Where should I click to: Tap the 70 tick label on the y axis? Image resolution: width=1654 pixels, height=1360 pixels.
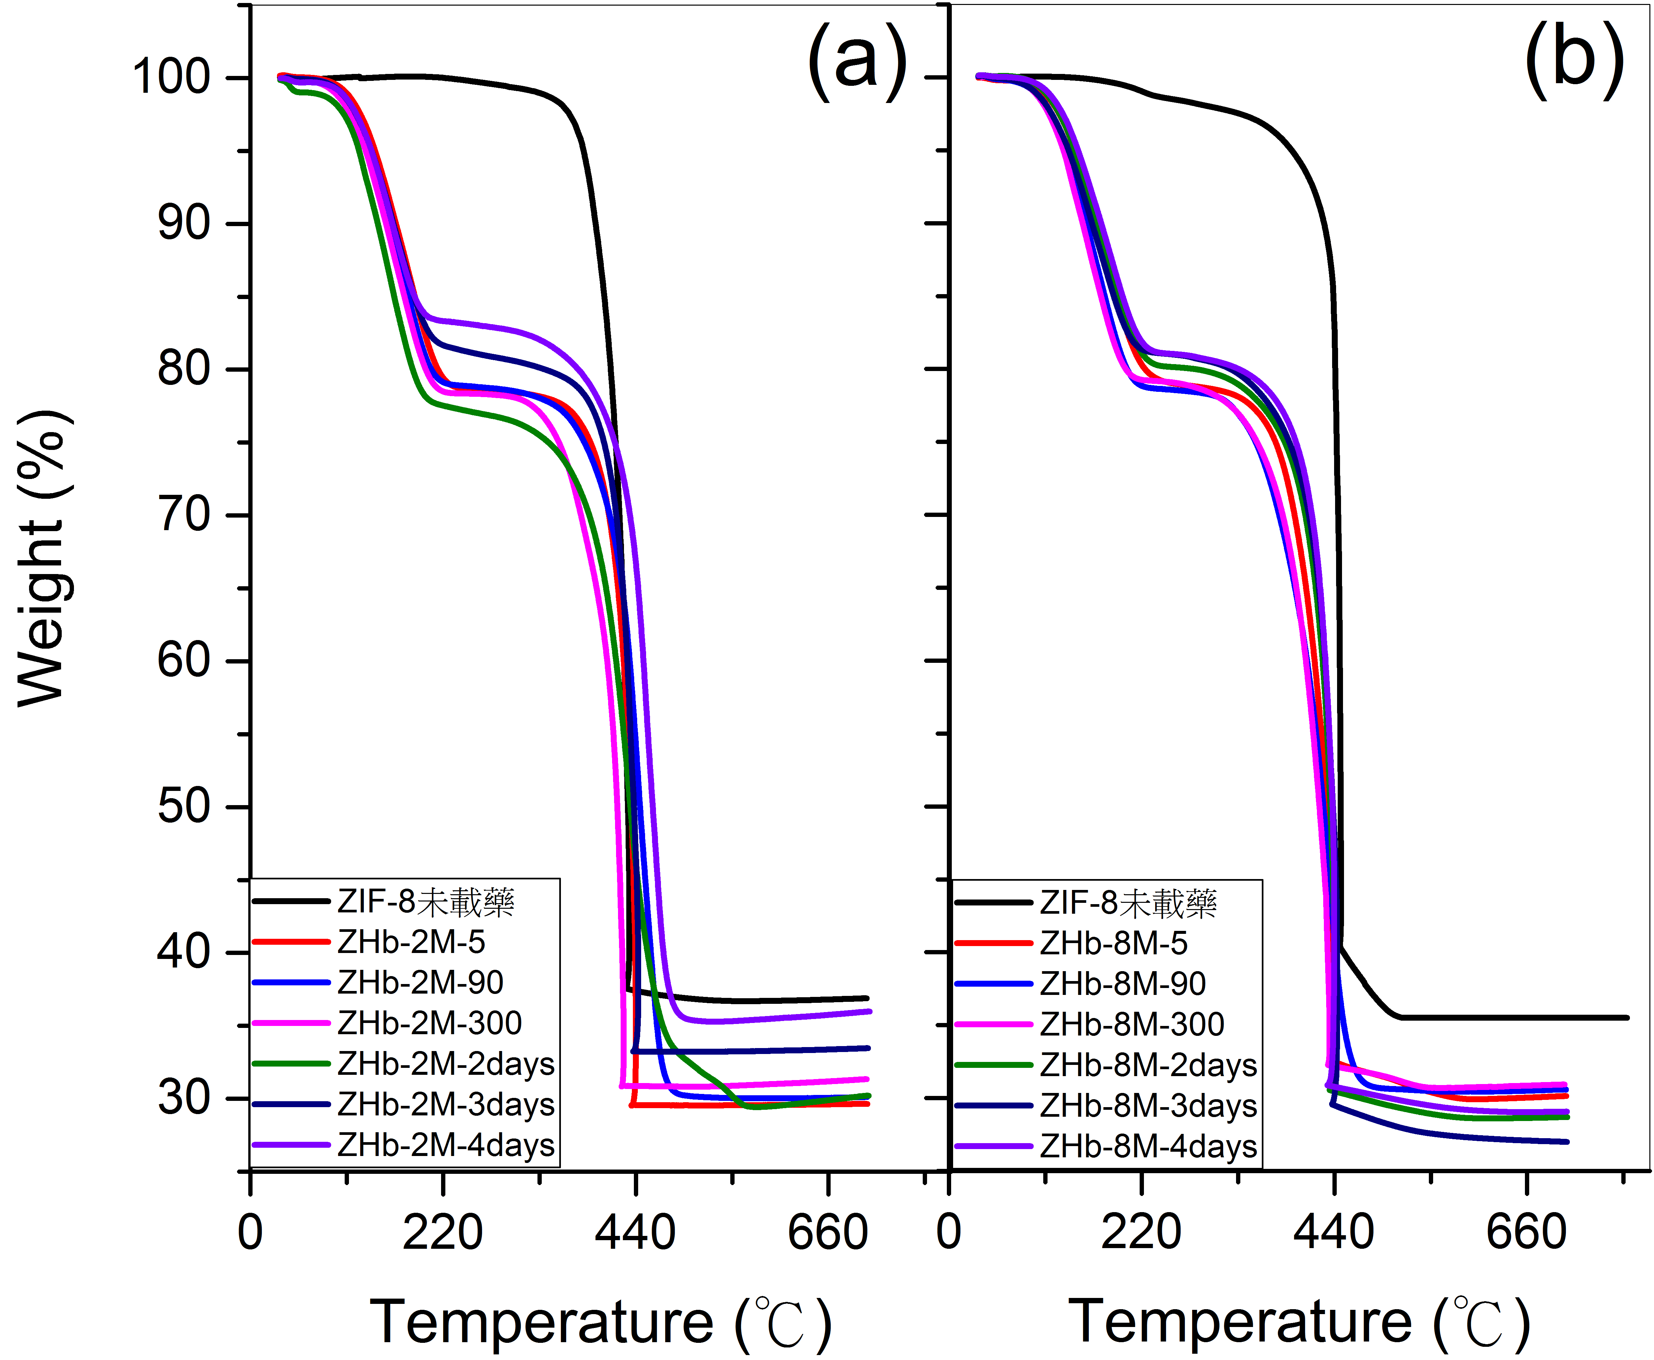click(183, 515)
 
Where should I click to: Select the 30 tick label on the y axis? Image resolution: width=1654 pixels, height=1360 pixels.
click(183, 1098)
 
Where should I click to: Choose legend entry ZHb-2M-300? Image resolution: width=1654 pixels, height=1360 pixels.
click(430, 1022)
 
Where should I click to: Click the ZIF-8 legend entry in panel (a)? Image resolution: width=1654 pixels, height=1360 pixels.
click(426, 902)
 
